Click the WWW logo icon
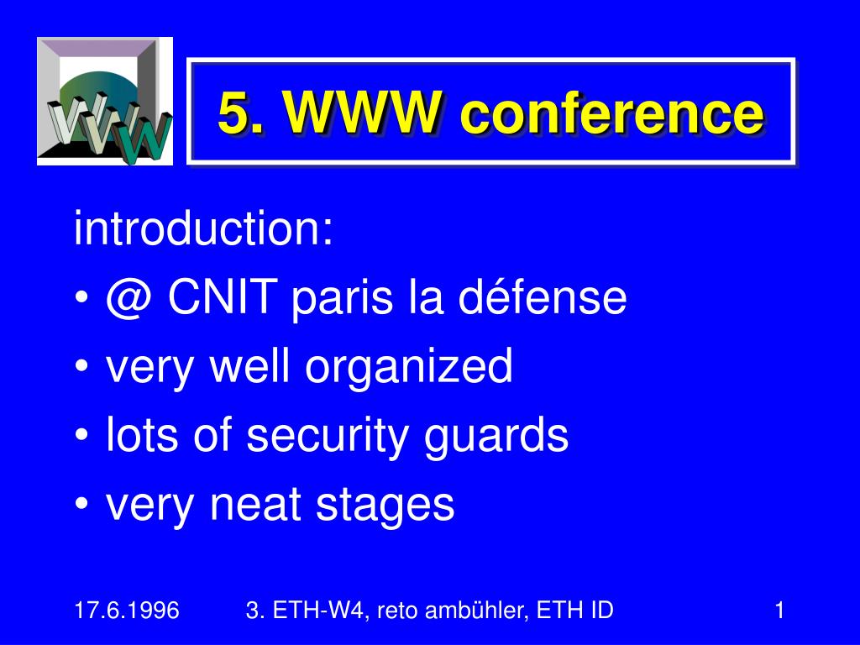105,102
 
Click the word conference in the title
612,113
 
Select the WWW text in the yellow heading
361,113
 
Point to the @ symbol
128,298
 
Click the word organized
409,369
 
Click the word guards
497,437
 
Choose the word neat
255,504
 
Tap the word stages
385,506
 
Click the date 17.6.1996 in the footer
127,611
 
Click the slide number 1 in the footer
780,611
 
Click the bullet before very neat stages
81,505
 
